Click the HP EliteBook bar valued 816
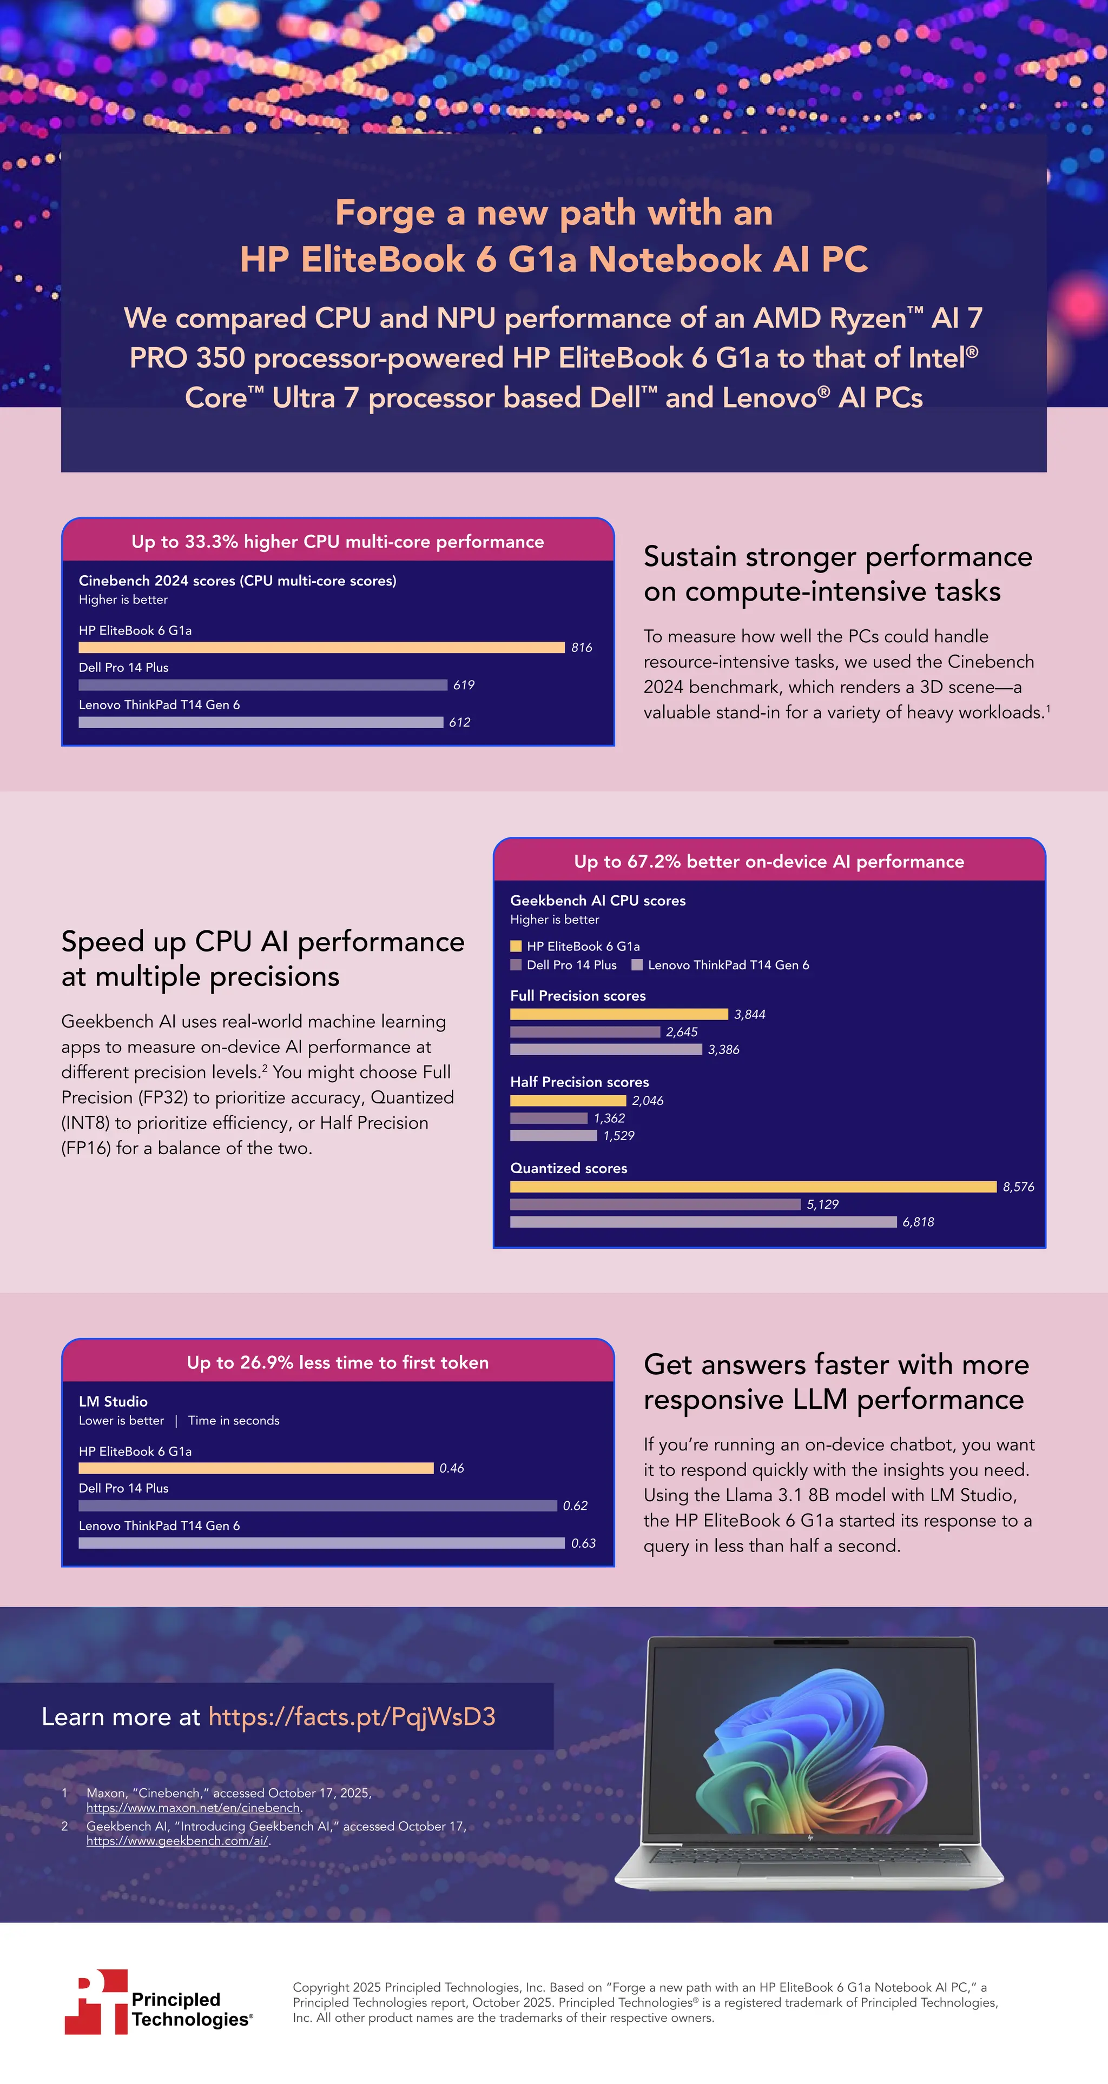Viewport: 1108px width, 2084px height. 321,647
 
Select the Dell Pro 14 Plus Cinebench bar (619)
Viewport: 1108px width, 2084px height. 262,684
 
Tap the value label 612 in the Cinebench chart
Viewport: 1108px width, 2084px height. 460,722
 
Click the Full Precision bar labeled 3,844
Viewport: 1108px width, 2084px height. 618,1014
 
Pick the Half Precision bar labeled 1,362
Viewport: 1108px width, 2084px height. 548,1118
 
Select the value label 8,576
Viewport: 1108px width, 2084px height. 1018,1187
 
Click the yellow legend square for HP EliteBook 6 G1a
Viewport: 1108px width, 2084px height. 516,946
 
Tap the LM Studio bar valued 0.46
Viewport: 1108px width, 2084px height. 256,1468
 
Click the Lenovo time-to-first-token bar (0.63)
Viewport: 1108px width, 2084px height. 321,1543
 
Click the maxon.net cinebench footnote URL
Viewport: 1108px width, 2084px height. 194,1807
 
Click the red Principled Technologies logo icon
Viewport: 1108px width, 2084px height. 96,2001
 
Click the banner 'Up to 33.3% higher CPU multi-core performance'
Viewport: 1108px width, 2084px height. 338,541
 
